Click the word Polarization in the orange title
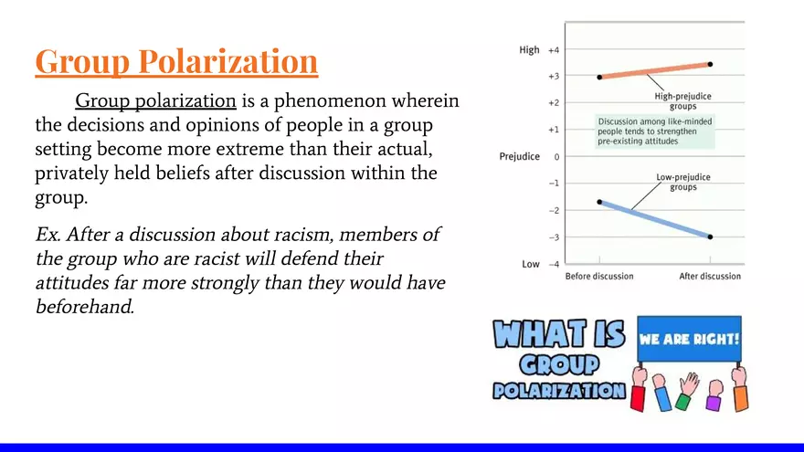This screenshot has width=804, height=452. pyautogui.click(x=227, y=61)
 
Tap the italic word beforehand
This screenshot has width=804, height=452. pyautogui.click(x=85, y=307)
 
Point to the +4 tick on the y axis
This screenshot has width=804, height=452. pyautogui.click(x=554, y=50)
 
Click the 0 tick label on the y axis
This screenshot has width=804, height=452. pyautogui.click(x=556, y=157)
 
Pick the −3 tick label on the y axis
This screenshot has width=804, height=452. pyautogui.click(x=554, y=237)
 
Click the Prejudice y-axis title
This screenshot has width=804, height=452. pyautogui.click(x=520, y=156)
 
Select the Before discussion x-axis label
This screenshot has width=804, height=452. pyautogui.click(x=599, y=276)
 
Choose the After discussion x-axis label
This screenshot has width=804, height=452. pyautogui.click(x=710, y=276)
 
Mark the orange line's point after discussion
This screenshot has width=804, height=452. pyautogui.click(x=710, y=65)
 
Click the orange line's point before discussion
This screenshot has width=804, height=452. pyautogui.click(x=599, y=78)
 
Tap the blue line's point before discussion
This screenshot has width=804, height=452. pyautogui.click(x=599, y=202)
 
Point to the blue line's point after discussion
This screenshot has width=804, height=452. pyautogui.click(x=710, y=237)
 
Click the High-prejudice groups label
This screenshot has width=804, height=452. pyautogui.click(x=683, y=101)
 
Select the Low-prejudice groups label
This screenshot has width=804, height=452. pyautogui.click(x=683, y=182)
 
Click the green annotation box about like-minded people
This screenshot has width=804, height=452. pyautogui.click(x=655, y=131)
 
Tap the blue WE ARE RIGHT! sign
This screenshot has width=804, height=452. pyautogui.click(x=689, y=339)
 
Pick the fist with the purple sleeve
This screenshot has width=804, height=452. pyautogui.click(x=714, y=395)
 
